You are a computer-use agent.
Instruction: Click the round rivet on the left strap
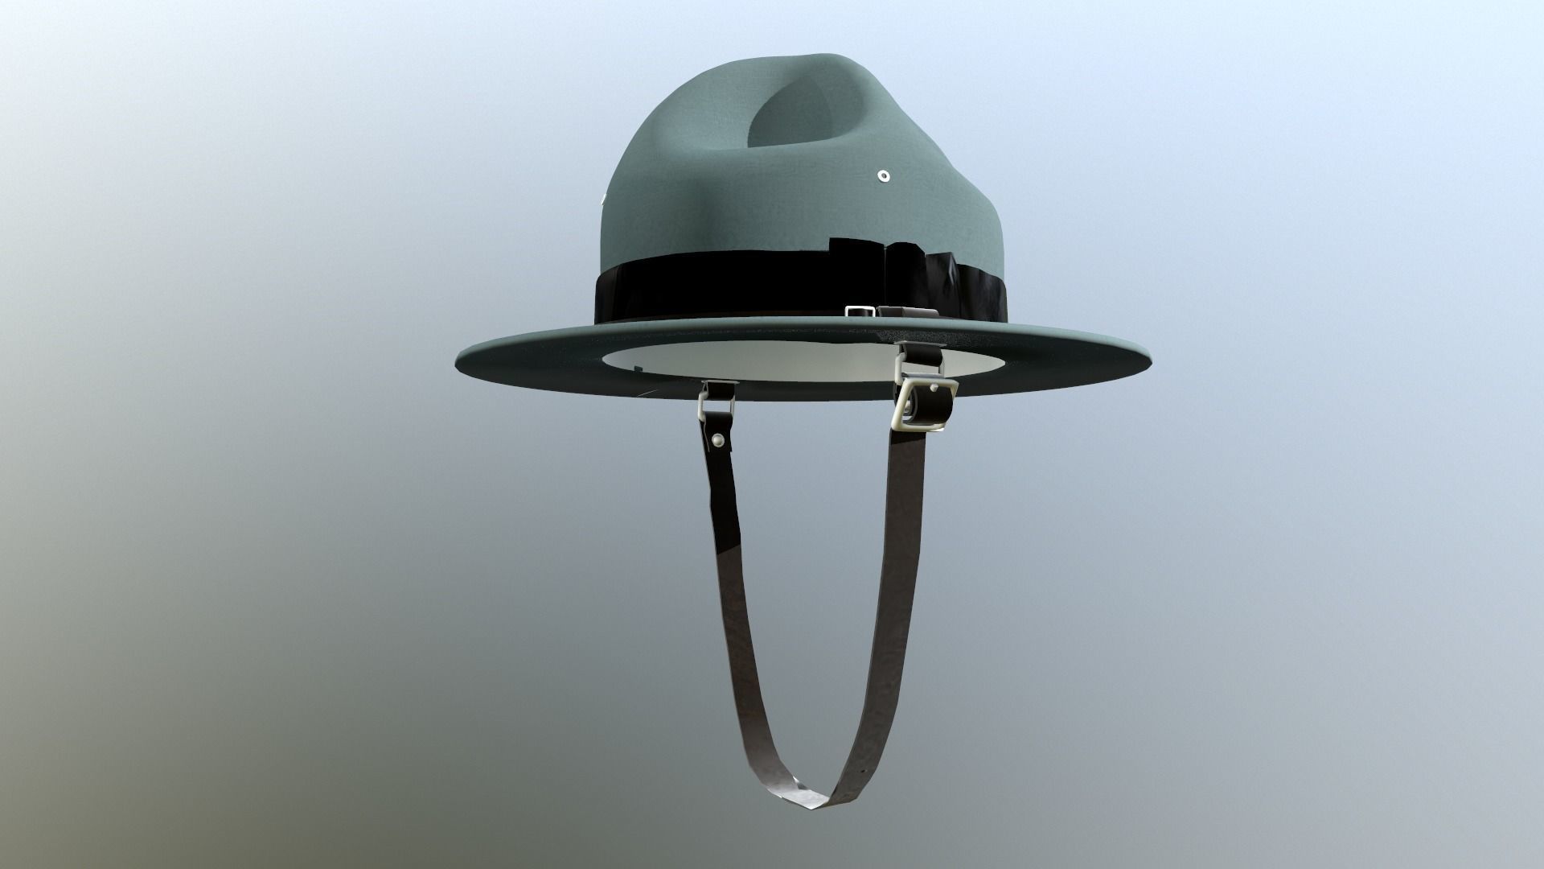717,440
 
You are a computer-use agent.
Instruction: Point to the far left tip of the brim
460,355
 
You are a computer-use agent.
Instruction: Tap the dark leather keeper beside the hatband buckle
905,311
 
